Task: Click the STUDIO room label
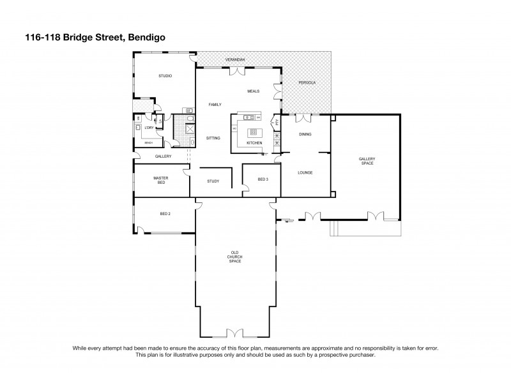point(165,77)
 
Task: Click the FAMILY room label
point(215,104)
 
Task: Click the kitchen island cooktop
point(254,132)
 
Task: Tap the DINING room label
point(305,134)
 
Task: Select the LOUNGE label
point(305,172)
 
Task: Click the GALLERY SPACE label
point(366,161)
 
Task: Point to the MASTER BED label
point(161,180)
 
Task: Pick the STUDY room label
point(213,181)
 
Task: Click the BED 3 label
point(263,180)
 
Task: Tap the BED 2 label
point(165,213)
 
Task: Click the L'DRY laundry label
point(148,128)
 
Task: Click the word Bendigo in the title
point(148,38)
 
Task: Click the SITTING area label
point(213,138)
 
